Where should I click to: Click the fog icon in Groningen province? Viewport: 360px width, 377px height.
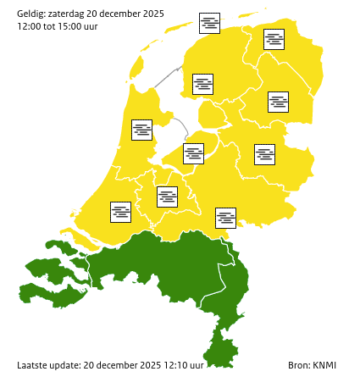274,39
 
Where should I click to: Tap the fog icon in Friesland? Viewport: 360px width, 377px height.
203,84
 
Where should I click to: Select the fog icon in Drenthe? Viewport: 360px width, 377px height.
278,102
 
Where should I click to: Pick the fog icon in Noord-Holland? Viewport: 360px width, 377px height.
142,130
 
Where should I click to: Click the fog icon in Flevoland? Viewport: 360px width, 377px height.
194,153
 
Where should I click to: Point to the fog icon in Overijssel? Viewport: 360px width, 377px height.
265,154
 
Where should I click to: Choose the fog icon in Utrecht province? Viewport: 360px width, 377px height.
168,197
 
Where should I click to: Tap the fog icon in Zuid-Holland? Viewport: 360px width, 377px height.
121,212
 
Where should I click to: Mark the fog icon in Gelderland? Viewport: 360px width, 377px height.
225,218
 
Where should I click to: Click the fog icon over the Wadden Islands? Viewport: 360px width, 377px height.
209,23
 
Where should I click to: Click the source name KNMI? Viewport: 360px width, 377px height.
324,365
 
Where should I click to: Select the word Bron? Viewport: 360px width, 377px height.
299,365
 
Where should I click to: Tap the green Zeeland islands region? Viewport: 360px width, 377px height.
55,280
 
